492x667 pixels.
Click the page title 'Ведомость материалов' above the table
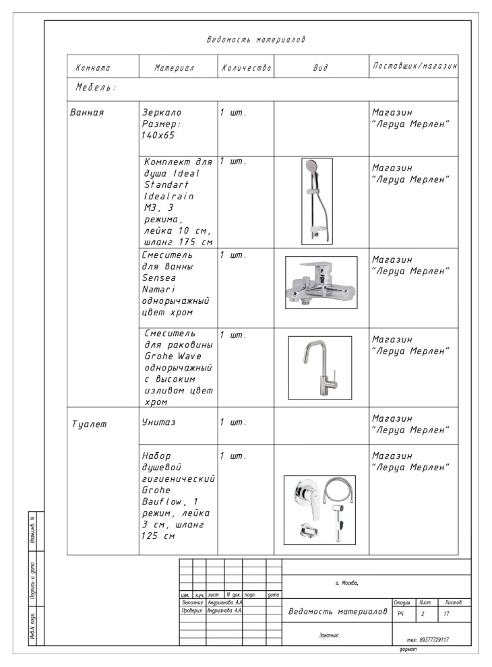pyautogui.click(x=255, y=40)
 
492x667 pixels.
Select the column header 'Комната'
pyautogui.click(x=93, y=68)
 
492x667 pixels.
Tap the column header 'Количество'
pyautogui.click(x=246, y=68)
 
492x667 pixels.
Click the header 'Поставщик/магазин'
pyautogui.click(x=414, y=67)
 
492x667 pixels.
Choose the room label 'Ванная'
pyautogui.click(x=87, y=112)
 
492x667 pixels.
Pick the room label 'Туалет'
pyautogui.click(x=89, y=424)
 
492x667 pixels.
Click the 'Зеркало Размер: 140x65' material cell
pyautogui.click(x=162, y=123)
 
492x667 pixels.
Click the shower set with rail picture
pyautogui.click(x=317, y=201)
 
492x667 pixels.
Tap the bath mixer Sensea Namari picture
pyautogui.click(x=320, y=282)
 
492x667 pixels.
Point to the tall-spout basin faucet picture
pyautogui.click(x=319, y=367)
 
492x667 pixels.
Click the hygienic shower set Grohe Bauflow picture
pyautogui.click(x=319, y=509)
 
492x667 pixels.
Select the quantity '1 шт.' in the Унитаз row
pyautogui.click(x=233, y=422)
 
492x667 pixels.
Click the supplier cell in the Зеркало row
pyautogui.click(x=410, y=119)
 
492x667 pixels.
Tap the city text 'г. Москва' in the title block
pyautogui.click(x=346, y=583)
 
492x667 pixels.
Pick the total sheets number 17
pyautogui.click(x=446, y=614)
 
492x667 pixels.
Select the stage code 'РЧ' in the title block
pyautogui.click(x=400, y=614)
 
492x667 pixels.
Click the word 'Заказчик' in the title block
pyautogui.click(x=329, y=635)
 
